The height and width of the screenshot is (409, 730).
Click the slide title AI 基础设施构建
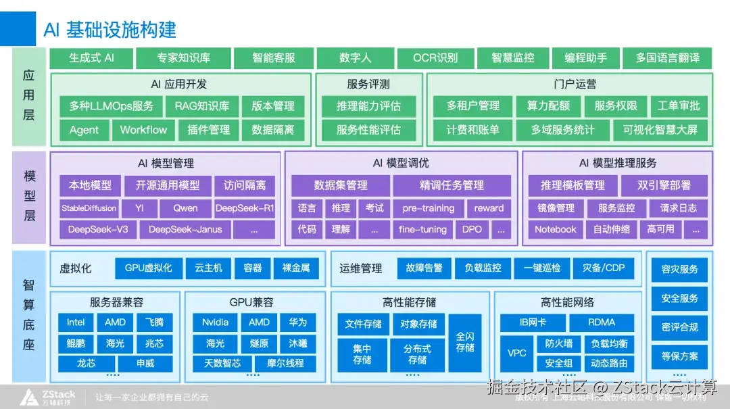[110, 29]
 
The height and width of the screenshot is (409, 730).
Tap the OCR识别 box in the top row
[435, 58]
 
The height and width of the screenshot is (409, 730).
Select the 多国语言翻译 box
[667, 58]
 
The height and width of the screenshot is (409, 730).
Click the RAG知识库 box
[201, 106]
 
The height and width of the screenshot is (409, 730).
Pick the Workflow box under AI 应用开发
[143, 130]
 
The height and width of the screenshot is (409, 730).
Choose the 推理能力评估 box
[368, 106]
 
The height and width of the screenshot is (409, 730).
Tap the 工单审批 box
[679, 106]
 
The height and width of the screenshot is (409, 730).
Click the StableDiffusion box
[89, 208]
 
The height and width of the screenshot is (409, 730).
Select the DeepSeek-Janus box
[185, 230]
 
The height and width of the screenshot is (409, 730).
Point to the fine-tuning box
[422, 230]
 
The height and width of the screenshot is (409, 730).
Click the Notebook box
[556, 230]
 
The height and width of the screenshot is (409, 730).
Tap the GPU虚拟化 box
[148, 268]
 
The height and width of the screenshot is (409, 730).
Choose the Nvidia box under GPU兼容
[215, 322]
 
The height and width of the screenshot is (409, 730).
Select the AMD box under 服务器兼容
[115, 322]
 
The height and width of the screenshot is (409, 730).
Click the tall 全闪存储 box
[465, 343]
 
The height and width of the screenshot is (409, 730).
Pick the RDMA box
[602, 322]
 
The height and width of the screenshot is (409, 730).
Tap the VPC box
[517, 353]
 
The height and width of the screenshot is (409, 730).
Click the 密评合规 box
[679, 327]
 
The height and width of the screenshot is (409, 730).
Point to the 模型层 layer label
[29, 196]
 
